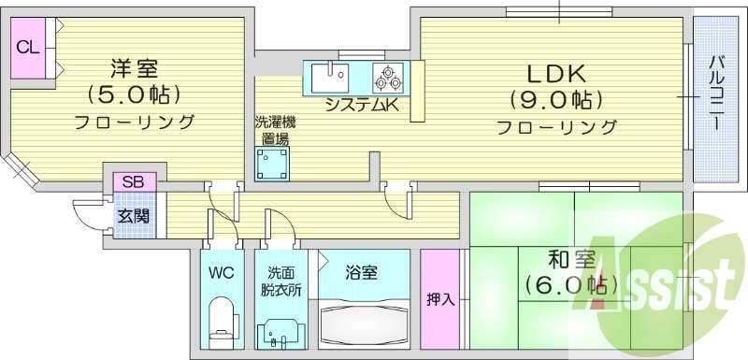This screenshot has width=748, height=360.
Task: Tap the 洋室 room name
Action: coord(134,68)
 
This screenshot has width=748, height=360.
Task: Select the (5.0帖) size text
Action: coord(134,94)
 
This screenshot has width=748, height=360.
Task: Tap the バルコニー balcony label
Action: coord(715,94)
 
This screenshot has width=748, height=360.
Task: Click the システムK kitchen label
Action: coord(362,106)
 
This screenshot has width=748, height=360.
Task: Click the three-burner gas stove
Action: coord(387,76)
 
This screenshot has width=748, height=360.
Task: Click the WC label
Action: coord(221,274)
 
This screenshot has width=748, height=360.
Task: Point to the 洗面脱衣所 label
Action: coord(280,281)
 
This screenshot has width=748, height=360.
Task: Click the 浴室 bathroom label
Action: coord(361,273)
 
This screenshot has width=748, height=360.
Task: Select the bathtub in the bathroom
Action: coord(363,324)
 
